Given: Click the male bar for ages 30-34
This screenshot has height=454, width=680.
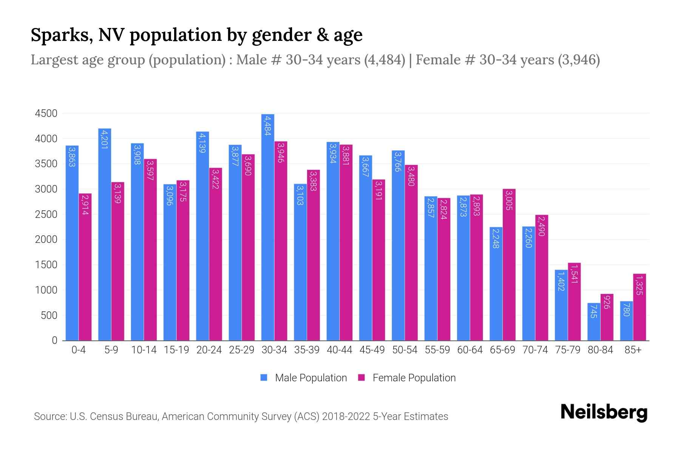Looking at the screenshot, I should coord(268,227).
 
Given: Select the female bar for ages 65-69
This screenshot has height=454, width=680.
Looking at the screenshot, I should coord(509,265).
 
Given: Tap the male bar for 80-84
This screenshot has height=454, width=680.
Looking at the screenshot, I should coord(594,322).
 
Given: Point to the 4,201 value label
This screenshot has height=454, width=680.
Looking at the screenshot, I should coord(105,139).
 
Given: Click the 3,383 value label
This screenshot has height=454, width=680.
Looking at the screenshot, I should coord(313,180).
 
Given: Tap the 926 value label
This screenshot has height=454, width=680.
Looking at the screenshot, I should coord(607,302).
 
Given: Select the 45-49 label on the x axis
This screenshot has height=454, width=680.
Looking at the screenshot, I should coord(372,350).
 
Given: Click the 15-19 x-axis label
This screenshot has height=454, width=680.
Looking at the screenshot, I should coord(176,350).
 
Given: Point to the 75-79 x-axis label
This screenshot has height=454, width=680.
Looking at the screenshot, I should coord(568,350).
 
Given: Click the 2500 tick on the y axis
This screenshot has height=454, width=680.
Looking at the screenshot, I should coord(46,215).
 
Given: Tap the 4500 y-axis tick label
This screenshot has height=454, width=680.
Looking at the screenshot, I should coord(46,113).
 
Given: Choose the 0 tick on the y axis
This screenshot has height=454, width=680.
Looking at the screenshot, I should coord(55,340).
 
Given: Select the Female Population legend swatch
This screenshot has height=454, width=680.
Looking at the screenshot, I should coord(362,378).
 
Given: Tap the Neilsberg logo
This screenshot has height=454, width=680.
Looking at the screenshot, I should coord(604,412).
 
